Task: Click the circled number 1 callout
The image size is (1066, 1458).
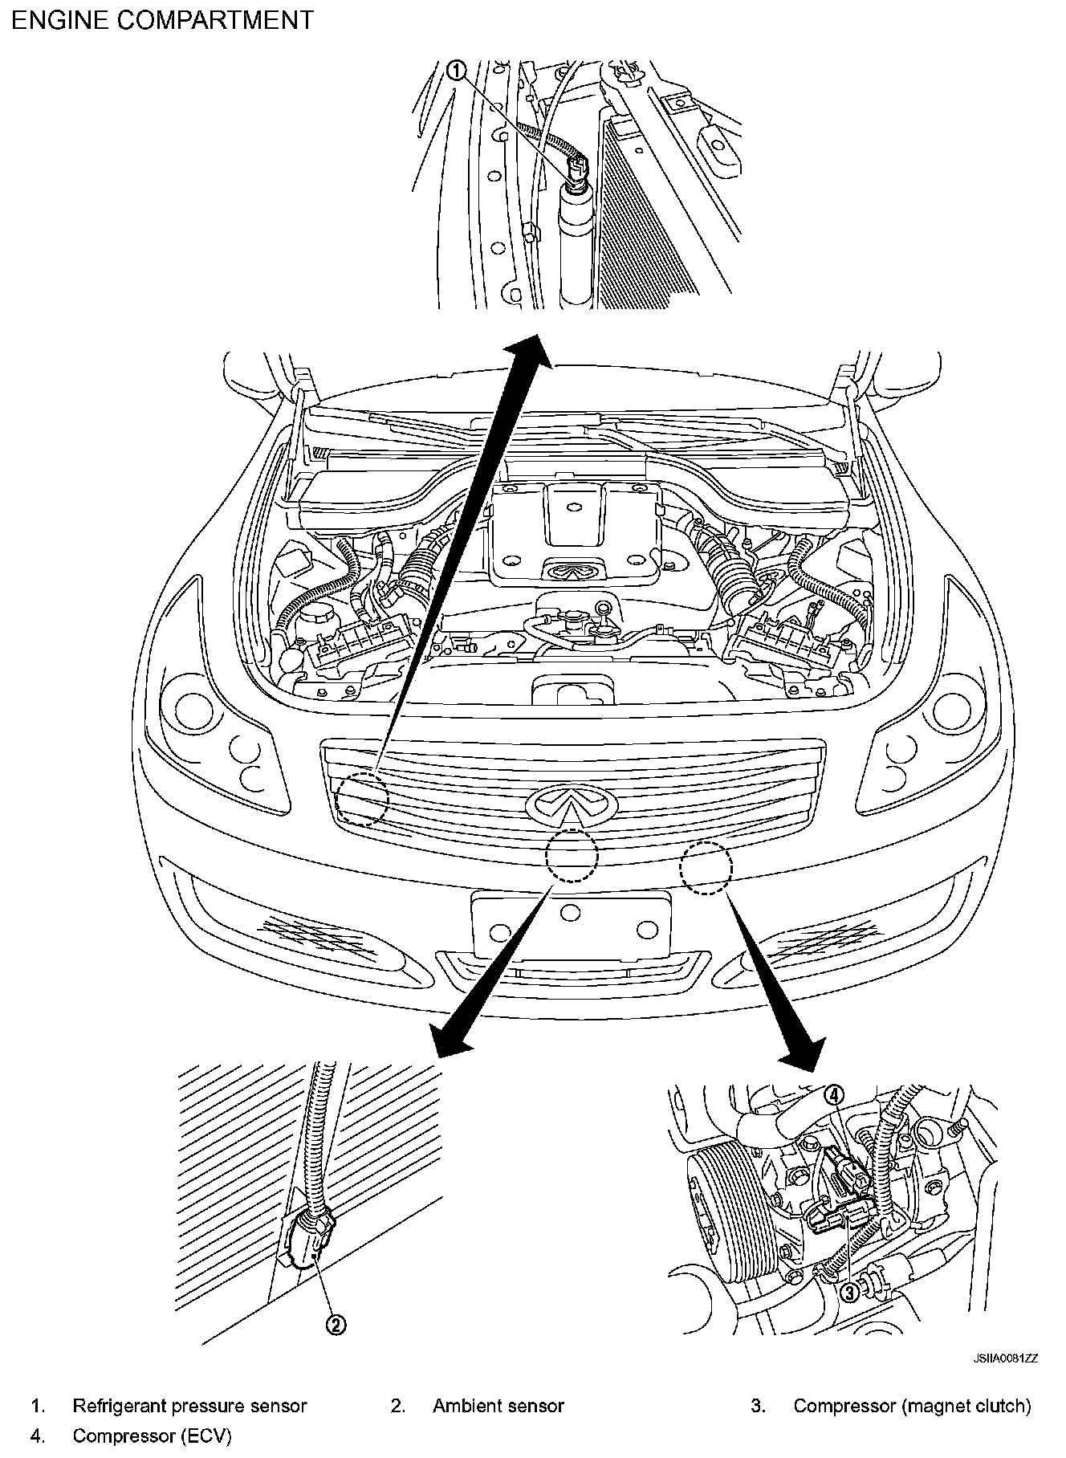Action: coord(456,71)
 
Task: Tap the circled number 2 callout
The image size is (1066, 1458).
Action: coord(336,1324)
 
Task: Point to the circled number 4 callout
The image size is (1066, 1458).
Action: coord(836,1094)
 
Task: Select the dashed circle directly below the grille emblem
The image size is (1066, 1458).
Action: coord(572,856)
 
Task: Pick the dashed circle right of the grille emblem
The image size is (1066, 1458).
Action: coord(706,867)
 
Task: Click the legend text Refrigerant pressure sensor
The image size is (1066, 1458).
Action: coord(189,1406)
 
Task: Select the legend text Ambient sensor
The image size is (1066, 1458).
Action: coord(498,1406)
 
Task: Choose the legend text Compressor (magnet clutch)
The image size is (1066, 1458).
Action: coord(912,1406)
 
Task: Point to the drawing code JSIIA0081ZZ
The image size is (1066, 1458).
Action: coord(1006,1358)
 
